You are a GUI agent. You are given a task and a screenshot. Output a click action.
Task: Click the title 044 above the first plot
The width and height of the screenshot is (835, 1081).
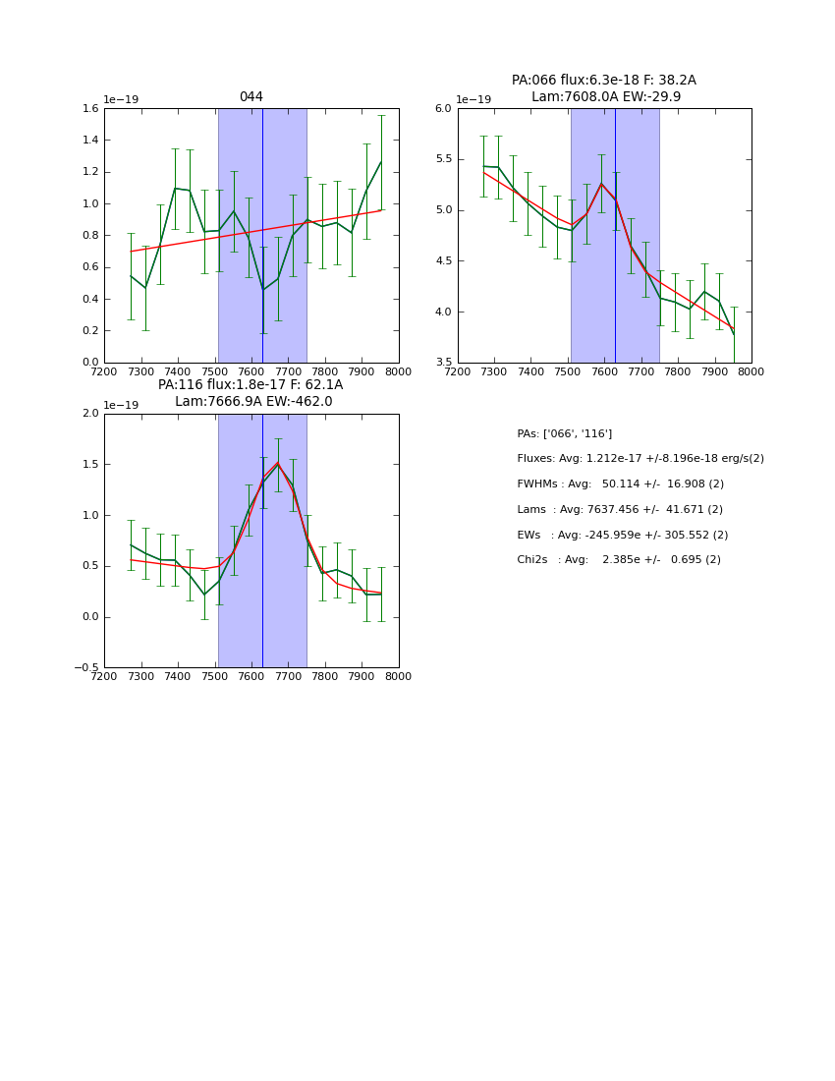[250, 97]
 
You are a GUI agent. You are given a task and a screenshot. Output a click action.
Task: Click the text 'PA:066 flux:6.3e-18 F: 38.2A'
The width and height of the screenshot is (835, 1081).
[603, 81]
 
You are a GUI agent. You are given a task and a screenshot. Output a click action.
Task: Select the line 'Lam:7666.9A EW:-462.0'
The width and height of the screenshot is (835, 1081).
[253, 401]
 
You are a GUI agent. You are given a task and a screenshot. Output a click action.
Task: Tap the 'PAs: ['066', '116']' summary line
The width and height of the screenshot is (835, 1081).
[564, 433]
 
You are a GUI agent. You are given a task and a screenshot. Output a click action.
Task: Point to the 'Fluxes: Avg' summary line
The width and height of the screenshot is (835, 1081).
[640, 459]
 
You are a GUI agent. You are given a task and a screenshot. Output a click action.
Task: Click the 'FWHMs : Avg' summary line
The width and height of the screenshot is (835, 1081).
[620, 484]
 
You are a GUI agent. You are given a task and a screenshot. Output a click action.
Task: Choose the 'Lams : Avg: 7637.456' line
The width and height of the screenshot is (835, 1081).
[619, 510]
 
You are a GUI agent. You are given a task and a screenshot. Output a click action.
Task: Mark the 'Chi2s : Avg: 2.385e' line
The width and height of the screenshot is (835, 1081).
[618, 560]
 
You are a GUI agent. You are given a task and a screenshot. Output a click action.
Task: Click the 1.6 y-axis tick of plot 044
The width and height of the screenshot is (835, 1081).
[89, 109]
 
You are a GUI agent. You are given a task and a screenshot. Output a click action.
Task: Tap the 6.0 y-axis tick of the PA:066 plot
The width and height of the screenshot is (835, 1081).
[443, 109]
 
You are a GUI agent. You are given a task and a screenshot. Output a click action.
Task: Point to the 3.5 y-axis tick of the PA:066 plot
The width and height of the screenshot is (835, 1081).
[443, 363]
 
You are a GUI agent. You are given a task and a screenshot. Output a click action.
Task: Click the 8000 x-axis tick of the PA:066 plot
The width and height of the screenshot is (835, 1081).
[751, 371]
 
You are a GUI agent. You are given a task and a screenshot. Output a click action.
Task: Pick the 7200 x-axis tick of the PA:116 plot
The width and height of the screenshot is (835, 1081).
[104, 676]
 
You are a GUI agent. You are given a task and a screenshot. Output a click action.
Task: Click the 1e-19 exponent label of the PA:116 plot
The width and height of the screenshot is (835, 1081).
[121, 405]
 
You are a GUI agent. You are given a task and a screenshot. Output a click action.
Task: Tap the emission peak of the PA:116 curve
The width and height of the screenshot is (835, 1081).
[277, 463]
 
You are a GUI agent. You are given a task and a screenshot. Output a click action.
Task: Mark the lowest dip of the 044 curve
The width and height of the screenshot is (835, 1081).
[262, 290]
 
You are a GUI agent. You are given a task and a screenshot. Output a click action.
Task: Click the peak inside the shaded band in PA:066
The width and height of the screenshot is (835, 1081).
[601, 184]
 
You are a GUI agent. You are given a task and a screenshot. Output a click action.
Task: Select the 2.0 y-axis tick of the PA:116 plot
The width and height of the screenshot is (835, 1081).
[89, 414]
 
